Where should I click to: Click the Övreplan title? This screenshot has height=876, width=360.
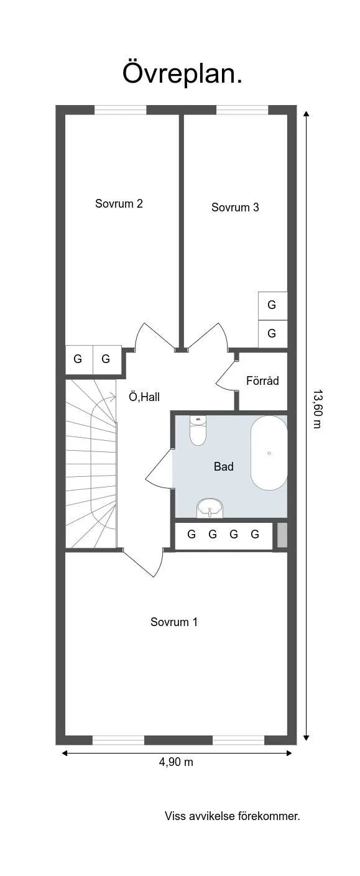click(182, 73)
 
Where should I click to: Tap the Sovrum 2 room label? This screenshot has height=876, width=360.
click(119, 203)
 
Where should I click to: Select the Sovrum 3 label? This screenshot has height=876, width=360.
click(235, 208)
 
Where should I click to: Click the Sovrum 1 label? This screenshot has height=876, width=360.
click(174, 622)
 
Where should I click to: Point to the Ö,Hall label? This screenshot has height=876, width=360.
click(144, 397)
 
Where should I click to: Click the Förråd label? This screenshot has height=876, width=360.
click(262, 381)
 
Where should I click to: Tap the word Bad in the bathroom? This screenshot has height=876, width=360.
click(224, 466)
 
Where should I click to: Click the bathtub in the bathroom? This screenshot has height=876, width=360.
click(269, 453)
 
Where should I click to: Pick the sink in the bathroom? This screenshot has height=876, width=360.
click(210, 509)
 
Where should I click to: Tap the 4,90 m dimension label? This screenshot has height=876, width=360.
click(176, 762)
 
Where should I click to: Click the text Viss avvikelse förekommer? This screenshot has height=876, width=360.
click(232, 816)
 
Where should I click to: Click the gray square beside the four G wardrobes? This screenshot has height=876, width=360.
click(282, 535)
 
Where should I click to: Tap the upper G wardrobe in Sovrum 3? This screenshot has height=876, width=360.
click(272, 305)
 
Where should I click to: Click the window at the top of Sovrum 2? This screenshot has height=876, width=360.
click(120, 110)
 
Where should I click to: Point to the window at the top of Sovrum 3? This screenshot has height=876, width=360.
click(242, 110)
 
